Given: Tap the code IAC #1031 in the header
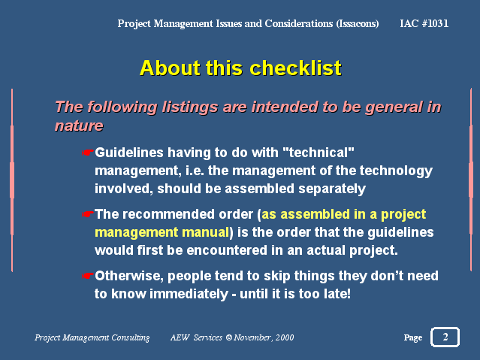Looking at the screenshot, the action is (424, 23).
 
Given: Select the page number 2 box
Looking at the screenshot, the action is (445, 337).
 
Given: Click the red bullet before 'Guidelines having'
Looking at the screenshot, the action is (87, 153).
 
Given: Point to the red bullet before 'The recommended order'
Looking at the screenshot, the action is (87, 214).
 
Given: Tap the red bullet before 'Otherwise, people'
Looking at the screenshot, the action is (87, 276).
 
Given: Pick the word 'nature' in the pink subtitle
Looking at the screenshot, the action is (79, 126).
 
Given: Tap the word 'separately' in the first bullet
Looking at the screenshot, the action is (332, 189).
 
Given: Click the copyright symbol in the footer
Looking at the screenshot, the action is (229, 337).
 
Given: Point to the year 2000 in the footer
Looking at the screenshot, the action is (285, 337).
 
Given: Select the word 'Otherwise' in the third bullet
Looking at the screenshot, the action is (129, 276).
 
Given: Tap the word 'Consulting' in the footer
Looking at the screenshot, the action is (131, 337).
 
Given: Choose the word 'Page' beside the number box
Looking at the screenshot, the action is (413, 337).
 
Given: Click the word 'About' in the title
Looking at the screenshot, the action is (170, 68).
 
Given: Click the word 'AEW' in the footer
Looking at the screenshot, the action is (180, 337).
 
